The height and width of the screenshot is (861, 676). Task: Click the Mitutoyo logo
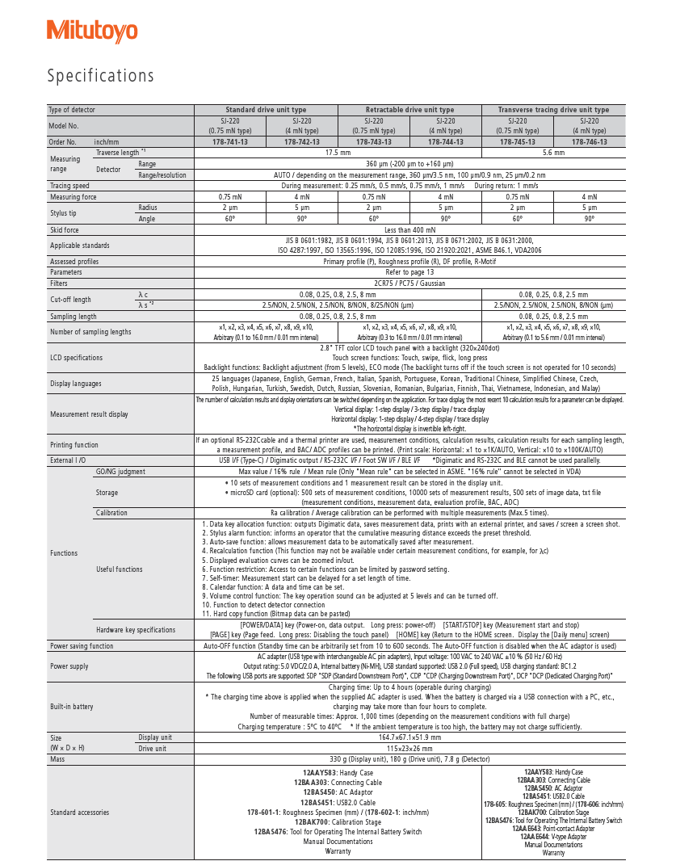(92, 31)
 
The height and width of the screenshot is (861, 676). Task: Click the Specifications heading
(100, 76)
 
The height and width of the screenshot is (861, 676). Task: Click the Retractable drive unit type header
(409, 110)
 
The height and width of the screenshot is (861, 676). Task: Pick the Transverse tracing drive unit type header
(553, 110)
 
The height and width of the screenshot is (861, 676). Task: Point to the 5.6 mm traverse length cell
(553, 152)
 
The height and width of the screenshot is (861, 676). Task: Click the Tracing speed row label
(69, 186)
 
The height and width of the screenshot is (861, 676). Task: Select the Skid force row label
(65, 230)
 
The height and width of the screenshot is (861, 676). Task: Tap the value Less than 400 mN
(409, 230)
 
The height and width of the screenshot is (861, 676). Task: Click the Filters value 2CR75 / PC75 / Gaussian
(409, 283)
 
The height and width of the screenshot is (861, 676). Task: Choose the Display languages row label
(76, 384)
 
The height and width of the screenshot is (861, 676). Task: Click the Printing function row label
(74, 445)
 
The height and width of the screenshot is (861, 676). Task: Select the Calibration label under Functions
(111, 513)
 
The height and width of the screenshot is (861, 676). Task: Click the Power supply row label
(69, 666)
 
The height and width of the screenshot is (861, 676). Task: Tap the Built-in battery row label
(72, 707)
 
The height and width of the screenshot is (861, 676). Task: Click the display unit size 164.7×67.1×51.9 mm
(409, 737)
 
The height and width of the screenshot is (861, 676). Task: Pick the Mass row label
(57, 760)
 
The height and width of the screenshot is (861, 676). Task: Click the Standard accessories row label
(79, 812)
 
